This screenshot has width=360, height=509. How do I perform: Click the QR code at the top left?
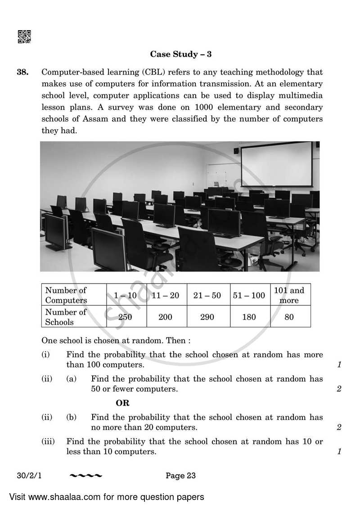click(24, 36)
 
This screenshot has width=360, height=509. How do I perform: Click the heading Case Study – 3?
click(180, 54)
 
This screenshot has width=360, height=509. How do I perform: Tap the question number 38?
click(22, 72)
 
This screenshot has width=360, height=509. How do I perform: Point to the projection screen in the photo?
click(276, 165)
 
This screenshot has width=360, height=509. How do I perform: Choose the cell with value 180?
click(249, 317)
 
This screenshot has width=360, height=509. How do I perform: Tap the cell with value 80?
click(289, 317)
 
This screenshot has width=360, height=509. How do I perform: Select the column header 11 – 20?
click(165, 295)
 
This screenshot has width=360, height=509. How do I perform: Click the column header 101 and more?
click(289, 295)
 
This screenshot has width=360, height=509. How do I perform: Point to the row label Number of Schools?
click(66, 317)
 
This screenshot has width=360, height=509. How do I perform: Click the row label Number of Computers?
click(66, 295)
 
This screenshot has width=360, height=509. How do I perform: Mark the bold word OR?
click(122, 403)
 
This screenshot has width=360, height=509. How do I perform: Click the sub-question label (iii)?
click(48, 442)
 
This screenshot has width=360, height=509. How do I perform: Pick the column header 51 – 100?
click(249, 295)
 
